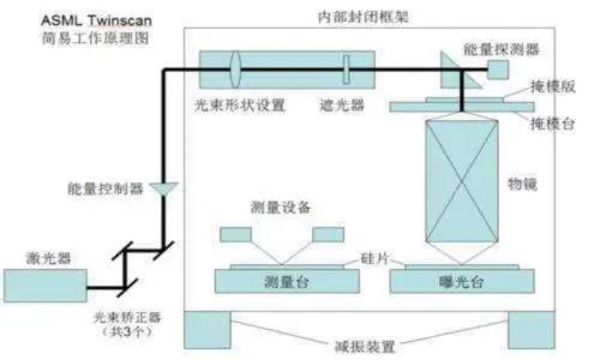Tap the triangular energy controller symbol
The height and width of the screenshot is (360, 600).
161,186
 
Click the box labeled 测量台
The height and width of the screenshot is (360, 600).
279,281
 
